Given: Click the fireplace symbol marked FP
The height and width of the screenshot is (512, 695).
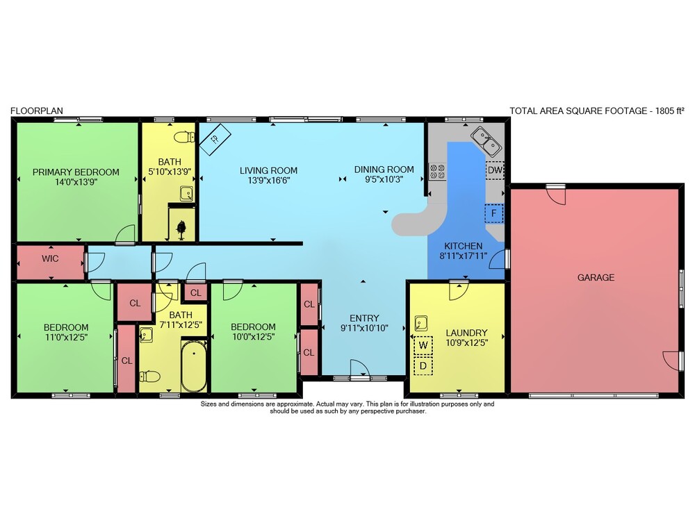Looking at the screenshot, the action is pos(215,139).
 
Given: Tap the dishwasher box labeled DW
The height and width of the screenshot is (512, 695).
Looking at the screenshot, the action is pos(495,170).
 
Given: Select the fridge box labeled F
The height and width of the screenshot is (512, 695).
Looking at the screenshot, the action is pos(493,213).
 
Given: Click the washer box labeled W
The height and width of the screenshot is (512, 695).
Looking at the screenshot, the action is pos(423,345).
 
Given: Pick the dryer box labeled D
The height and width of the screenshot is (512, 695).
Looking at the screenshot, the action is pos(423,366).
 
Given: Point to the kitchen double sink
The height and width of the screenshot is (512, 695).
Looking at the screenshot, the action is pos(486,141).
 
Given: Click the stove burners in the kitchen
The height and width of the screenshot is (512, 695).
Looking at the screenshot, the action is pos(437,172).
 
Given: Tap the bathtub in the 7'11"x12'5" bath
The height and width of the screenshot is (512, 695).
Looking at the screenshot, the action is pos(194,366).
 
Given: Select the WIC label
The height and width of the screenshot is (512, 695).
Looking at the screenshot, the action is pos(50,258).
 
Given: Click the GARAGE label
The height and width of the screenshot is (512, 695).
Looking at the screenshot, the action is pos(596,277).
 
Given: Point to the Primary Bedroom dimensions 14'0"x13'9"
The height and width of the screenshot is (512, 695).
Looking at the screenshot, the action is pos(76,181).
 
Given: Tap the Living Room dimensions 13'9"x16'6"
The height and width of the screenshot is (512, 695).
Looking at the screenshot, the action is pos(268,180).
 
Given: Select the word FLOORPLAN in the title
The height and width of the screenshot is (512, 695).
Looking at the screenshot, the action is pos(37,110).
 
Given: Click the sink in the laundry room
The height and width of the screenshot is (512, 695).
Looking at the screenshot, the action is pos(421,323).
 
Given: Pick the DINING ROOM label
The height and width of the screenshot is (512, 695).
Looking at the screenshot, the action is pos(384,170).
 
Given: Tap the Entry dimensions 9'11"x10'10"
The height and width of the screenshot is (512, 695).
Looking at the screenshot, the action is pos(364,328).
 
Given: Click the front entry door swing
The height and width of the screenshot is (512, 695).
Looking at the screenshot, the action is pos(360,368).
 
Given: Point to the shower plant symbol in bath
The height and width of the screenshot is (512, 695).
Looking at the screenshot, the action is pos(181,229).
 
